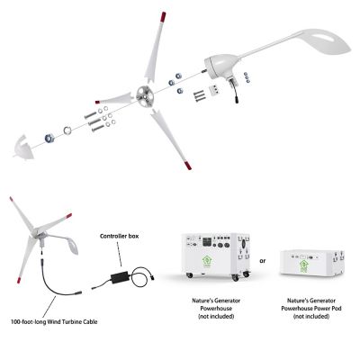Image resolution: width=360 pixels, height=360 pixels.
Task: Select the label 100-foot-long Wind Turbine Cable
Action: coord(55,321)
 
